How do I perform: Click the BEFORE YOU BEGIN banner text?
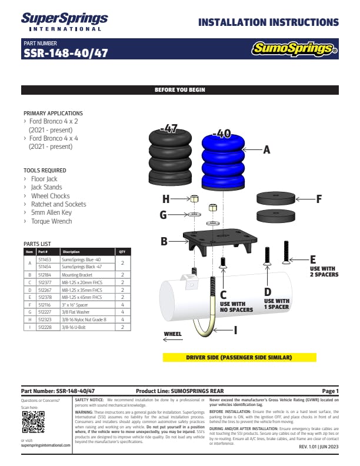click(x=179, y=90)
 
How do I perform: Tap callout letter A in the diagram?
click(x=266, y=150)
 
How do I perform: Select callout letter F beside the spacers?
click(x=319, y=199)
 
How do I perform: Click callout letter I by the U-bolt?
click(x=235, y=330)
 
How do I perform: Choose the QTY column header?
click(x=122, y=251)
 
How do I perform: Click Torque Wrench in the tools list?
click(x=52, y=221)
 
